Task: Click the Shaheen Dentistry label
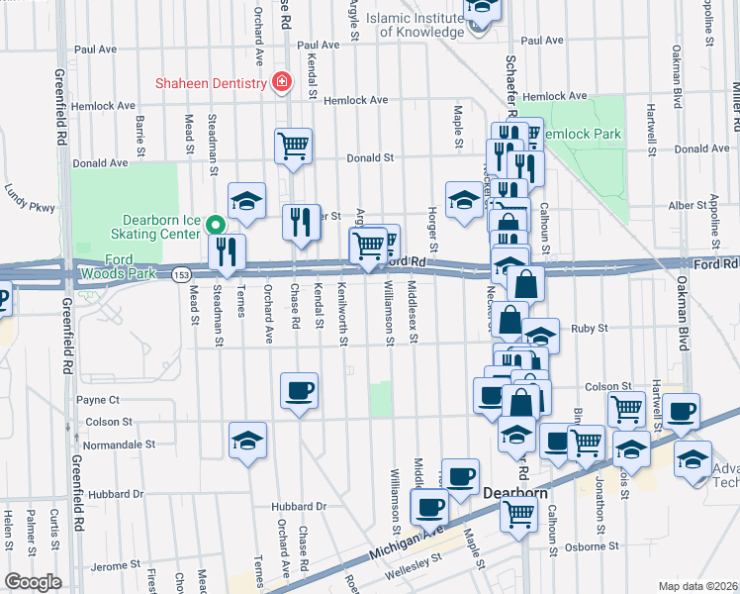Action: click(x=210, y=83)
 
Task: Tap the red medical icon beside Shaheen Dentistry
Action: click(x=282, y=83)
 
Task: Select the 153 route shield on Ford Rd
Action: click(x=180, y=274)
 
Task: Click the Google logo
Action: click(x=33, y=583)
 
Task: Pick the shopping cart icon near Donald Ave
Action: click(x=293, y=147)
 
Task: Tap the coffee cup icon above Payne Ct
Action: click(x=299, y=390)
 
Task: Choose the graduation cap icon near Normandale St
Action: click(x=247, y=440)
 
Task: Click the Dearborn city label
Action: click(x=513, y=490)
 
